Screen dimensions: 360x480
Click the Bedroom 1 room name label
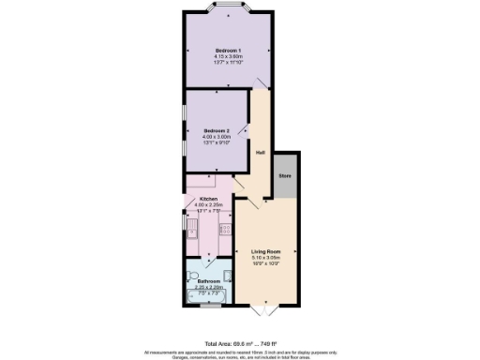[229, 49]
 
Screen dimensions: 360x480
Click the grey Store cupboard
[283, 174]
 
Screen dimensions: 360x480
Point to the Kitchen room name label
[208, 200]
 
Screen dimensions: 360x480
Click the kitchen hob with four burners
[225, 228]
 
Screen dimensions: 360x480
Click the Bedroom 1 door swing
[255, 85]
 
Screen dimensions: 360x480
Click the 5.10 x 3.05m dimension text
[266, 258]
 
